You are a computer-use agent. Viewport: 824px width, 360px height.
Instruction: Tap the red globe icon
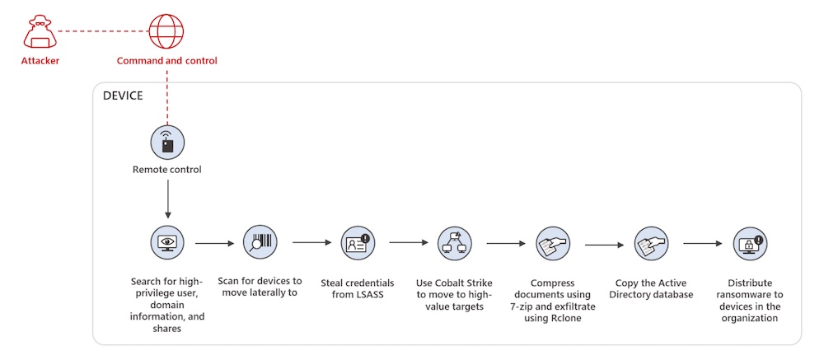pyautogui.click(x=166, y=31)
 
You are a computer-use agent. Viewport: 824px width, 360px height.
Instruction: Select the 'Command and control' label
pyautogui.click(x=166, y=60)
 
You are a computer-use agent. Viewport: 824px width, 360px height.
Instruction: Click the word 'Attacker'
pyautogui.click(x=40, y=60)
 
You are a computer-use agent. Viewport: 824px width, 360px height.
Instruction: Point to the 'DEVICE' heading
pyautogui.click(x=123, y=96)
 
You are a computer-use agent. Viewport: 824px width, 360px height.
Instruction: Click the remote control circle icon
pyautogui.click(x=167, y=142)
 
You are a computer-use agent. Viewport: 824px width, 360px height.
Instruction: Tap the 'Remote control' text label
pyautogui.click(x=167, y=170)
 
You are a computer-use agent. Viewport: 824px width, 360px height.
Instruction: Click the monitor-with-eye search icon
pyautogui.click(x=167, y=242)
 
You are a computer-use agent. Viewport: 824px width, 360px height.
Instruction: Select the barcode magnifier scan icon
pyautogui.click(x=260, y=242)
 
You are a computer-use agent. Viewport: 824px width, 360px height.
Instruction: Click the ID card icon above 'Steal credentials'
pyautogui.click(x=358, y=243)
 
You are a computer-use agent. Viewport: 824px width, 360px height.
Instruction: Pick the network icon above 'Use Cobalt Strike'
pyautogui.click(x=455, y=243)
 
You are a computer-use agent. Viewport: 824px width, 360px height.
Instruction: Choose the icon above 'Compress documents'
pyautogui.click(x=552, y=244)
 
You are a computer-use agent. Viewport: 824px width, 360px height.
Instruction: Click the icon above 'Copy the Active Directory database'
pyautogui.click(x=651, y=244)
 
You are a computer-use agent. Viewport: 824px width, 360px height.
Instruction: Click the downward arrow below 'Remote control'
pyautogui.click(x=167, y=199)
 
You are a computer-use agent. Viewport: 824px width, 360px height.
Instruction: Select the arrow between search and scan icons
pyautogui.click(x=214, y=243)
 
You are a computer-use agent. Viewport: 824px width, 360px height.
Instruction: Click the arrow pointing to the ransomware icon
pyautogui.click(x=703, y=244)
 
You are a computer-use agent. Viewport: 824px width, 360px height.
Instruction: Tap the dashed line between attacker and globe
pyautogui.click(x=103, y=31)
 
